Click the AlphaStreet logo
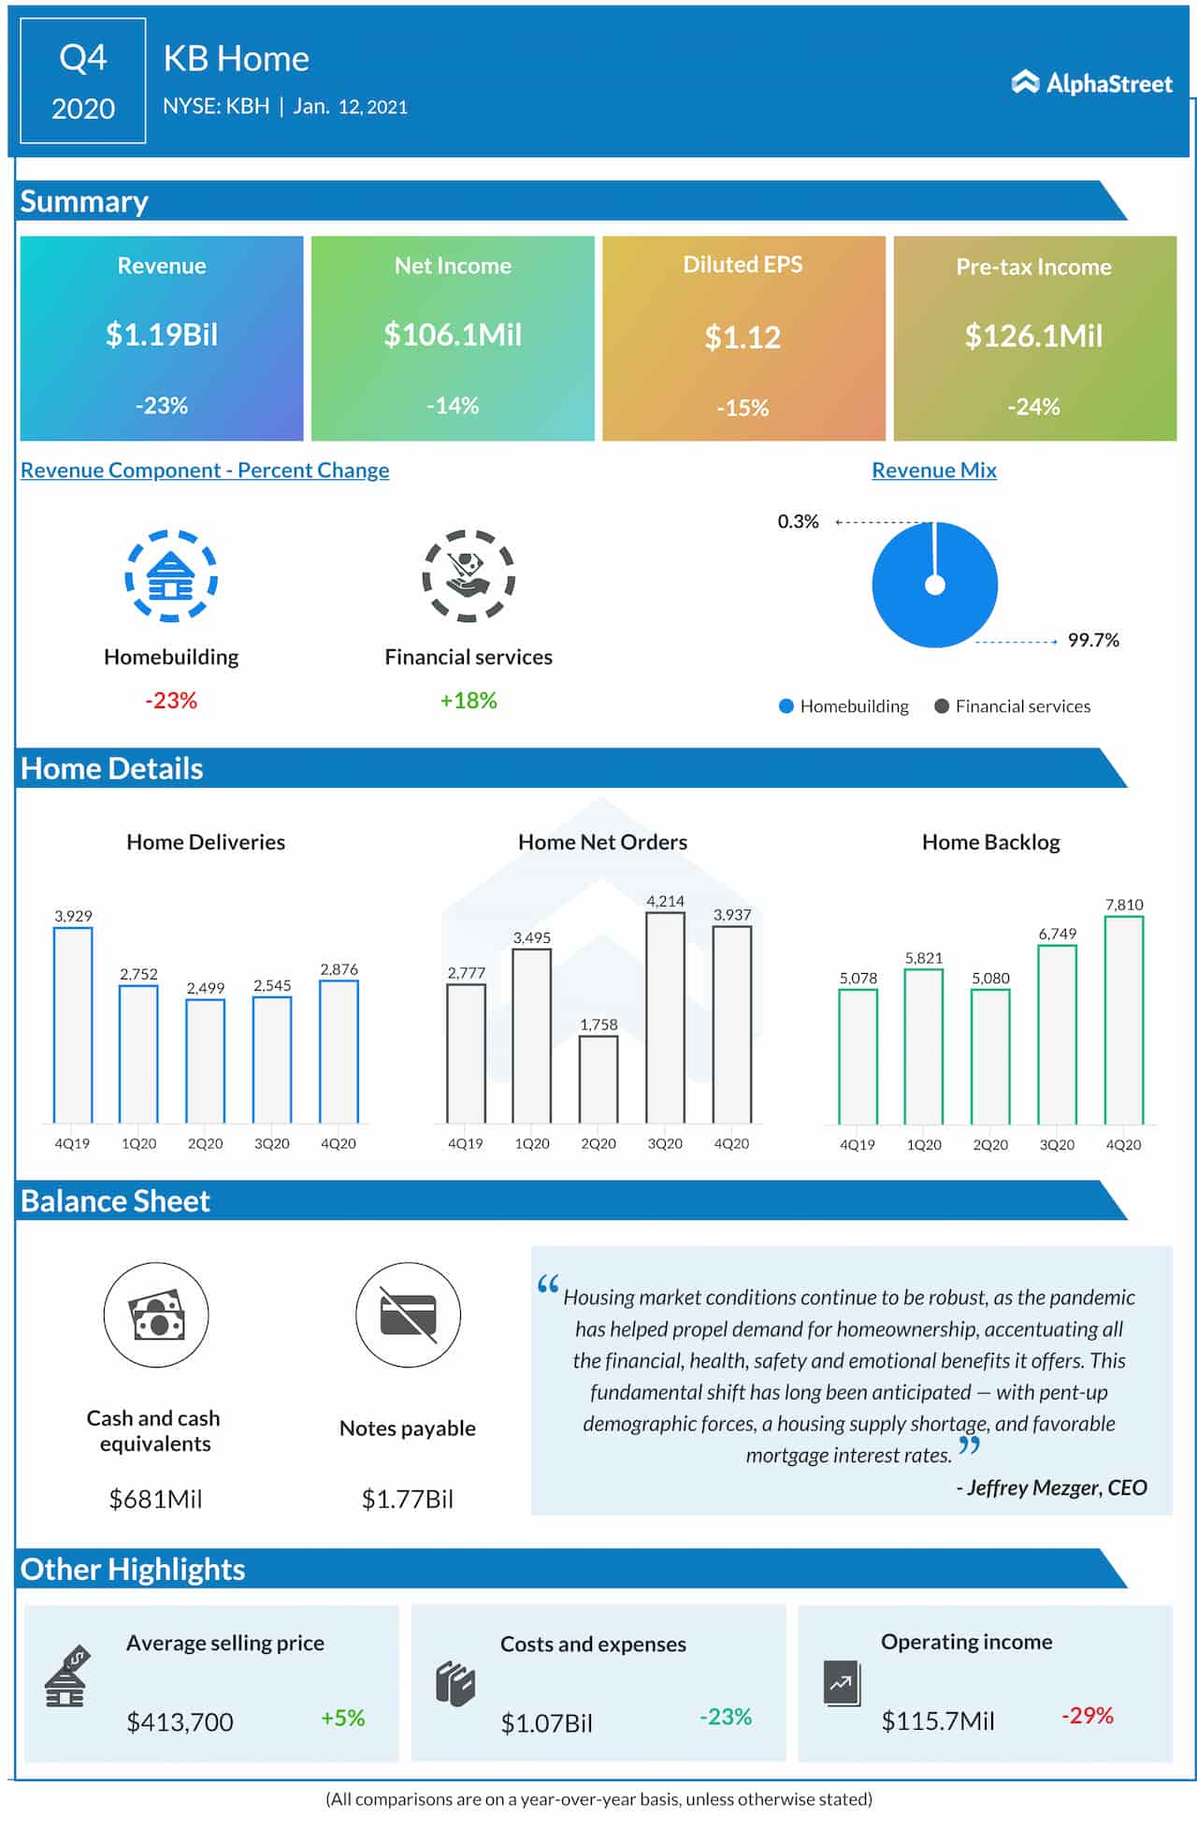pyautogui.click(x=1091, y=83)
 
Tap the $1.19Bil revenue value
pyautogui.click(x=162, y=335)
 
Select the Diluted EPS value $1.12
pyautogui.click(x=743, y=338)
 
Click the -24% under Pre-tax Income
pyautogui.click(x=1033, y=407)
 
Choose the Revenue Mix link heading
pyautogui.click(x=933, y=471)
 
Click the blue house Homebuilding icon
pyautogui.click(x=171, y=576)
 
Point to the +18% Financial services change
pyautogui.click(x=469, y=701)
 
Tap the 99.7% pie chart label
pyautogui.click(x=1093, y=641)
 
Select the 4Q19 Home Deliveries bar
pyautogui.click(x=73, y=1024)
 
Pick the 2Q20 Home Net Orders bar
pyautogui.click(x=598, y=1079)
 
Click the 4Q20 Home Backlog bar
pyautogui.click(x=1123, y=1020)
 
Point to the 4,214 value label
pyautogui.click(x=665, y=901)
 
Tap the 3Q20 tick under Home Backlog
pyautogui.click(x=1057, y=1145)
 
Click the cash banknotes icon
pyautogui.click(x=156, y=1314)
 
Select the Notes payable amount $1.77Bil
pyautogui.click(x=408, y=1500)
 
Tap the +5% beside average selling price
pyautogui.click(x=342, y=1719)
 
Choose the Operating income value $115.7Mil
pyautogui.click(x=938, y=1721)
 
